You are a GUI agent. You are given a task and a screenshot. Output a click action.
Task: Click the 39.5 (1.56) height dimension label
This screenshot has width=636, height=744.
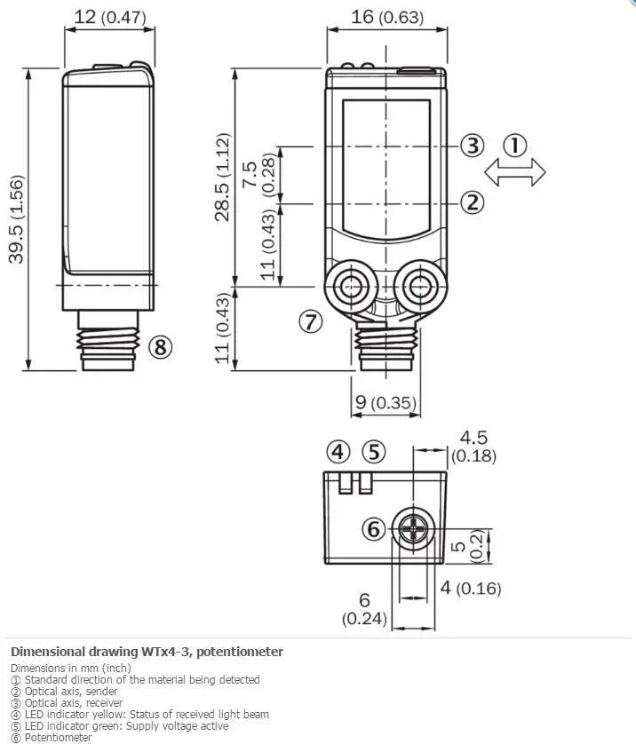coord(16,219)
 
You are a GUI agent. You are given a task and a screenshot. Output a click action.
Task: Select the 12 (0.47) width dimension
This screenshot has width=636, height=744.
coord(109,17)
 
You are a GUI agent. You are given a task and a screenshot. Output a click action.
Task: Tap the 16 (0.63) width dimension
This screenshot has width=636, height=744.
coord(386,17)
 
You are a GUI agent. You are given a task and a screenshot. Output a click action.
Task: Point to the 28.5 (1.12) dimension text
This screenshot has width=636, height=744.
coord(222,177)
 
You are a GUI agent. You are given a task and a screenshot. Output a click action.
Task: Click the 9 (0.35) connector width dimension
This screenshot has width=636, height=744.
coord(386,402)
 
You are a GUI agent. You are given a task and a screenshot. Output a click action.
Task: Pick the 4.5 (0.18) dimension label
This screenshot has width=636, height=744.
coord(473,446)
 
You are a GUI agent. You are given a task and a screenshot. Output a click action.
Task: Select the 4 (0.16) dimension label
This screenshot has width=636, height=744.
coord(471,589)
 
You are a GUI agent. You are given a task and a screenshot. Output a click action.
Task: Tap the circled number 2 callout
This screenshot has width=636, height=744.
coord(473,202)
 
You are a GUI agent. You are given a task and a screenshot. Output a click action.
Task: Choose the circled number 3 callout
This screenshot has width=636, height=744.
coord(473,146)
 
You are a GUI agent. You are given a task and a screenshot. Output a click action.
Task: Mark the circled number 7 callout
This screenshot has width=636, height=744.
coord(311,321)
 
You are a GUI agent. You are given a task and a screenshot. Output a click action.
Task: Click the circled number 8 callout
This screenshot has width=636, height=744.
coord(161,347)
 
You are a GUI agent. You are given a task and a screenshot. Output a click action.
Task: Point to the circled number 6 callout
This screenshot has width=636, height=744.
coord(374,528)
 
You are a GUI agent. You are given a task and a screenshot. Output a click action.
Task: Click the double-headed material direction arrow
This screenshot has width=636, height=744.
coord(515,172)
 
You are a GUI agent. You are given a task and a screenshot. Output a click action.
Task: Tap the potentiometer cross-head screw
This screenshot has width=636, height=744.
coord(413,528)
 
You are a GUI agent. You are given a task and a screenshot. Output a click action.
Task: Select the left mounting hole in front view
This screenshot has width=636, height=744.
coord(351,287)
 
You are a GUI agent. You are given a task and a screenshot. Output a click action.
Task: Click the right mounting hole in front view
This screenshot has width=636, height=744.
coord(420,287)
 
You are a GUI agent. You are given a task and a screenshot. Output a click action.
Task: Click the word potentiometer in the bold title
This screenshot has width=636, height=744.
coord(240,652)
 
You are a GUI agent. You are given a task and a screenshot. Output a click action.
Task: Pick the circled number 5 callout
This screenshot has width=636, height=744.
coord(374,452)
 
